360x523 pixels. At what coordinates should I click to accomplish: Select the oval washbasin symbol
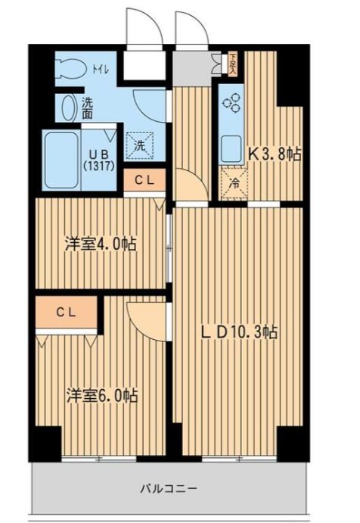pos(69,108)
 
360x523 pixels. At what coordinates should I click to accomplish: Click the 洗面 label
pos(88,108)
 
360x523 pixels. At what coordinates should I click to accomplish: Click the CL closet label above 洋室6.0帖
pos(67,310)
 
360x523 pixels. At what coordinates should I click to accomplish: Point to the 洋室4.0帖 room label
pos(100,244)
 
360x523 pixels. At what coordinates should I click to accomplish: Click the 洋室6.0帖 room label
pos(101,395)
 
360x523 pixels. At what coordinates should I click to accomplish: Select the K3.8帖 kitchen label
pos(275,154)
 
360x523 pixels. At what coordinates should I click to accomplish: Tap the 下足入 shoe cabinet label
pos(234,64)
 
